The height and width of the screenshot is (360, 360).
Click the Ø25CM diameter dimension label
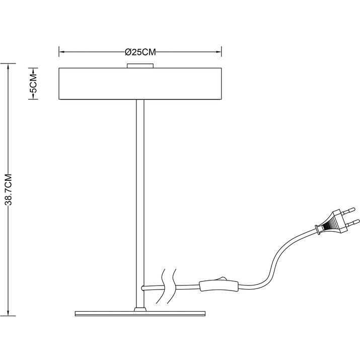pos(139,51)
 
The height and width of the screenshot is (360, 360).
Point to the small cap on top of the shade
pos(140,65)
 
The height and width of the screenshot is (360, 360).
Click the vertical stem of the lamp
pos(140,201)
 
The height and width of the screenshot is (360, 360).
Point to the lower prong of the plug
pos(354,222)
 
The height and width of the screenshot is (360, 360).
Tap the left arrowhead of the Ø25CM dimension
pos(62,51)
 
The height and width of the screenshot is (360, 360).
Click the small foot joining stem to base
pos(140,307)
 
